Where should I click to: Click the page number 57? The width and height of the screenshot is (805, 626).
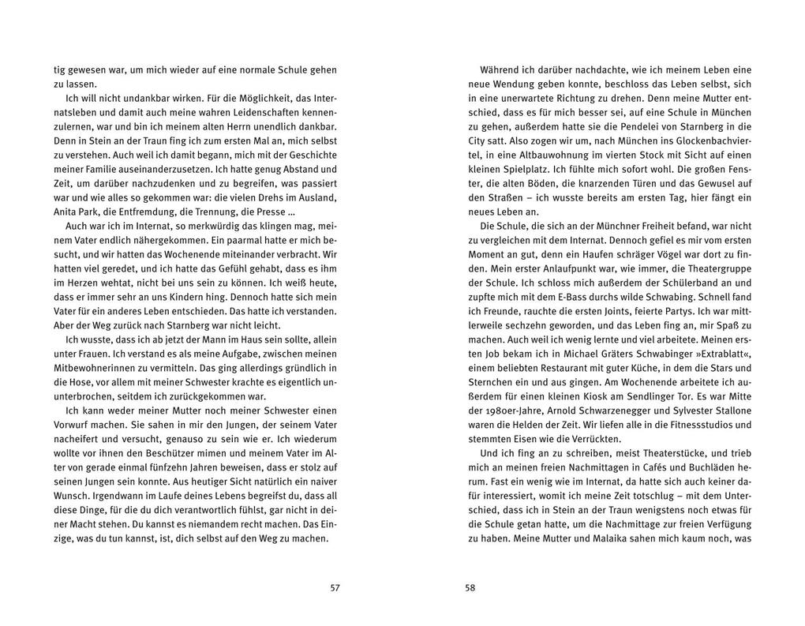pyautogui.click(x=334, y=587)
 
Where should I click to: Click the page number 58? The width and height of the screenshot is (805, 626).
pyautogui.click(x=470, y=587)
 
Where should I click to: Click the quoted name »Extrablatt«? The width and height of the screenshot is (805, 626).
pyautogui.click(x=721, y=354)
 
